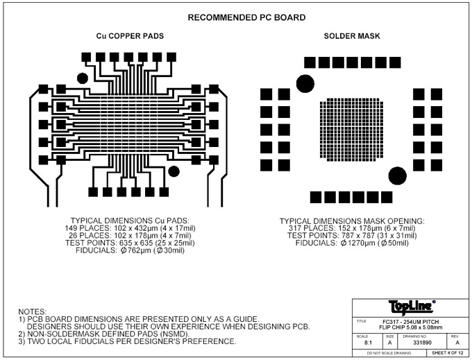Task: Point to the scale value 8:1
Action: tap(368, 342)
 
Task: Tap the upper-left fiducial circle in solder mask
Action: tap(304, 84)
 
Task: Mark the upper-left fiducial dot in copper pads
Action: tap(82, 78)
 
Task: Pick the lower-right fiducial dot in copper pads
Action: tap(174, 171)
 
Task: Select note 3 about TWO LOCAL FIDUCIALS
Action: tap(128, 341)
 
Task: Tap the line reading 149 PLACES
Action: tap(126, 228)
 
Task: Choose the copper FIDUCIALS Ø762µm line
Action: tap(126, 249)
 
